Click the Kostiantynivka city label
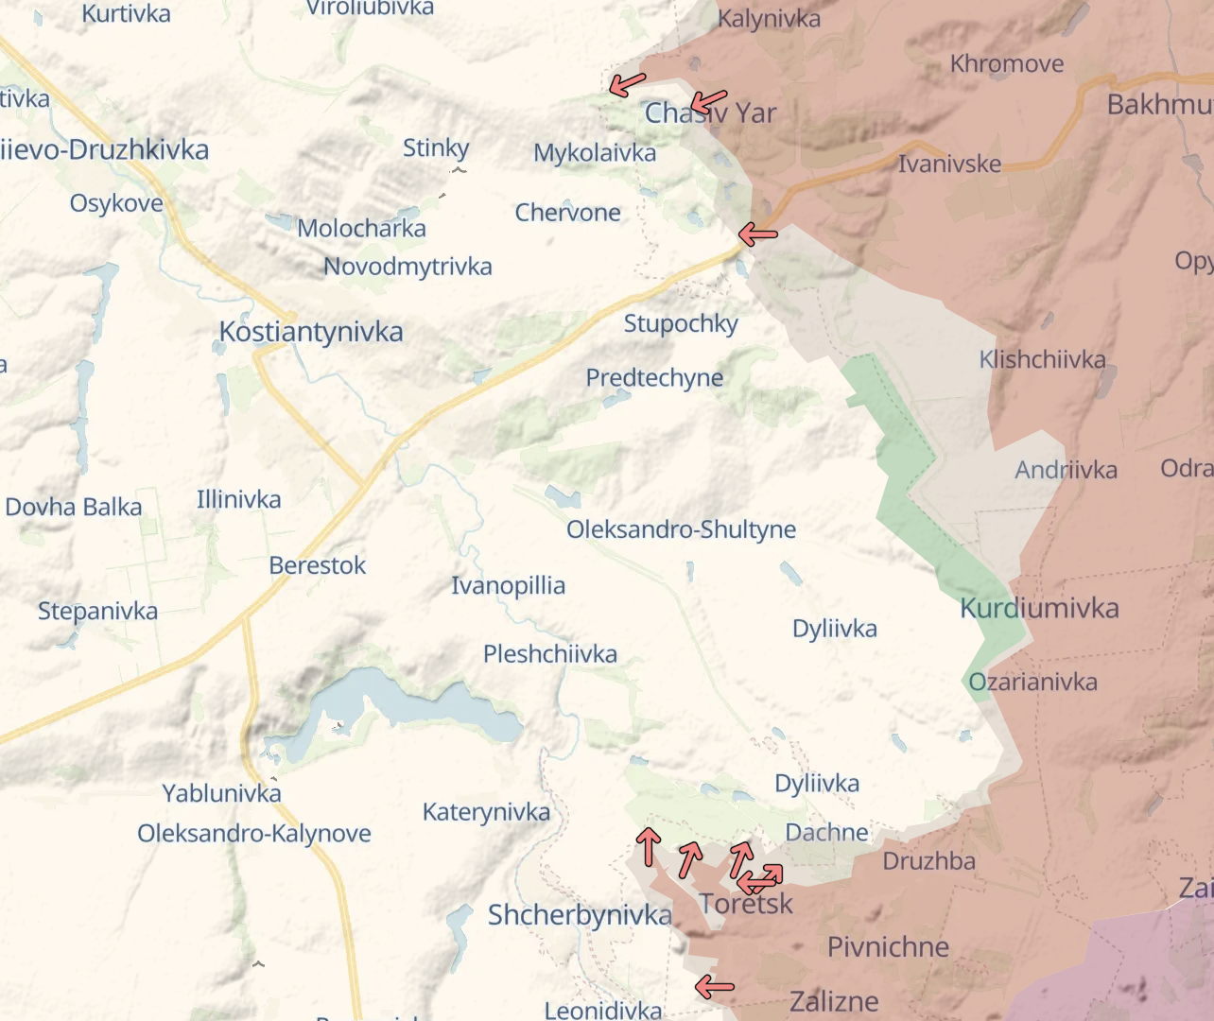(311, 332)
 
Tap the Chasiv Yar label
(710, 113)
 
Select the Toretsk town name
(746, 905)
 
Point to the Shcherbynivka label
(580, 915)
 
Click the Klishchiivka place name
(1042, 360)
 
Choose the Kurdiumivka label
(1039, 609)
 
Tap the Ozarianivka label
(1032, 683)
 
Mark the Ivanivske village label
(949, 164)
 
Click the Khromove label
(1007, 64)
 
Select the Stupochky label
(681, 323)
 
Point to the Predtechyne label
(654, 378)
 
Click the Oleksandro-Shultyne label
(681, 529)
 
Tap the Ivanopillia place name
(508, 586)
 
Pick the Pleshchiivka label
(549, 654)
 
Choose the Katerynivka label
(486, 812)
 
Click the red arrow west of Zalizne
(715, 987)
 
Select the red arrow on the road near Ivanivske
(757, 234)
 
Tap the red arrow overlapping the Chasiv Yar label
(708, 101)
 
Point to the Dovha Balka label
(74, 508)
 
